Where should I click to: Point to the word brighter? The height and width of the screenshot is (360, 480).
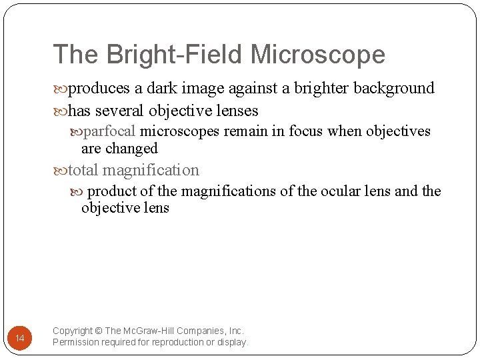(319, 88)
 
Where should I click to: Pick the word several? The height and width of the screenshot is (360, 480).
(121, 110)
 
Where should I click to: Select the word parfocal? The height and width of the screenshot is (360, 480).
(111, 131)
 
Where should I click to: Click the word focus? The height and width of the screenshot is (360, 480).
(305, 131)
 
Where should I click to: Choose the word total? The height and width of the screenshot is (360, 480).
(83, 170)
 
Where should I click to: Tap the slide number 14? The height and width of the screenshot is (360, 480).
(19, 339)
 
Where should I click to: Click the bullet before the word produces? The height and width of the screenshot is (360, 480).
(61, 89)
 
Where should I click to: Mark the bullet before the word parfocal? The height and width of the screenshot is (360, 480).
(76, 131)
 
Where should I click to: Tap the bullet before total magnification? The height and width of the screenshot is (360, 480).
(61, 171)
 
